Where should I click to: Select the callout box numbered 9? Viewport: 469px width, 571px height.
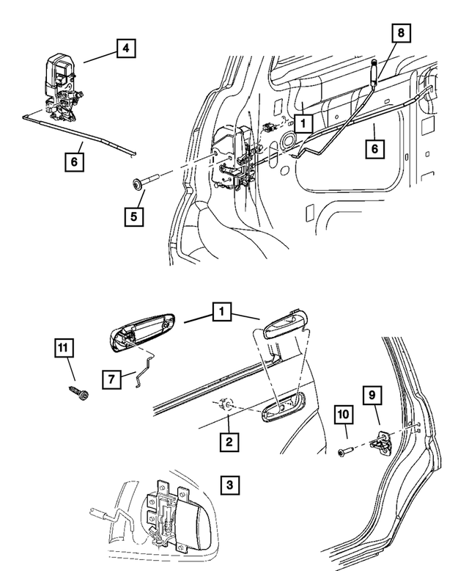372,395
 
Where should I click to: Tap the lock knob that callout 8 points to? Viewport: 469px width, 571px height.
374,73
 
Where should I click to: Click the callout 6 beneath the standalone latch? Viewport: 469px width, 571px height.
73,160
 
